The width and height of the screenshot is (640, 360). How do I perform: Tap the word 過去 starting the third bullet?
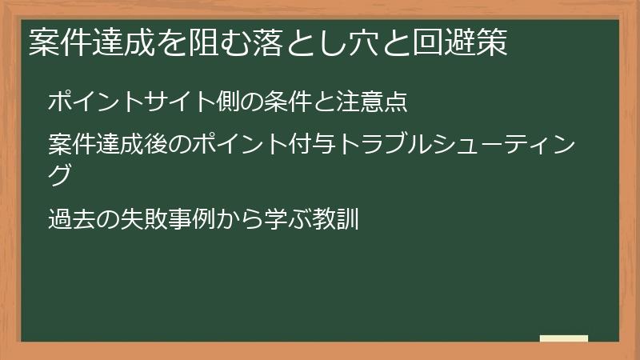pos(72,218)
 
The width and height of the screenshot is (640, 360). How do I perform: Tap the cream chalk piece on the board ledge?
pos(564,338)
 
